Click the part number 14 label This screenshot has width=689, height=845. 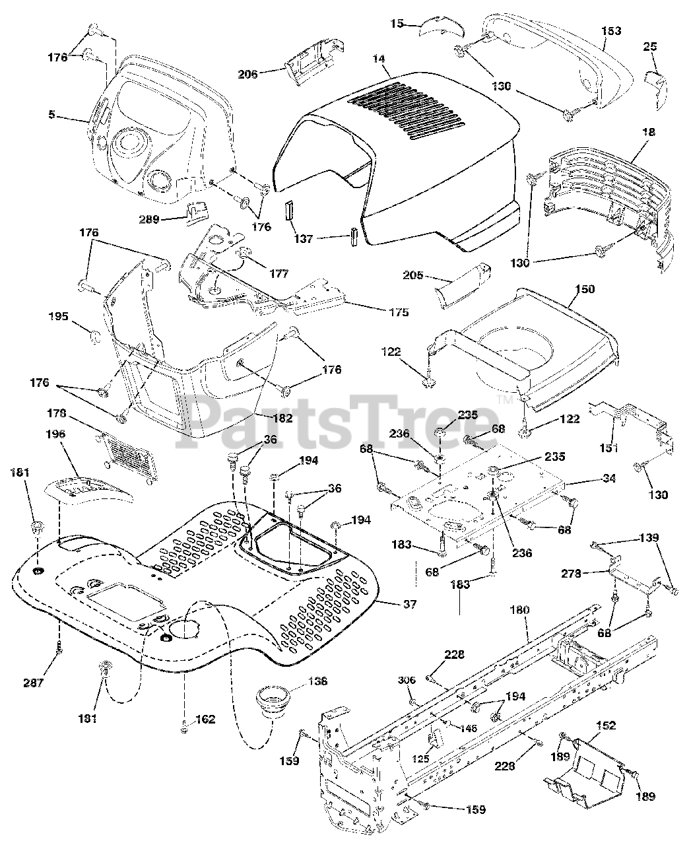(377, 59)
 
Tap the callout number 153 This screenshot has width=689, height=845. (612, 30)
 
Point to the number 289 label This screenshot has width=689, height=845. (149, 219)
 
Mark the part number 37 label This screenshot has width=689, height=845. (409, 604)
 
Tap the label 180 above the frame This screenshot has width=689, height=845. (519, 611)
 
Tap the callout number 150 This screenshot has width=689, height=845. (585, 289)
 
